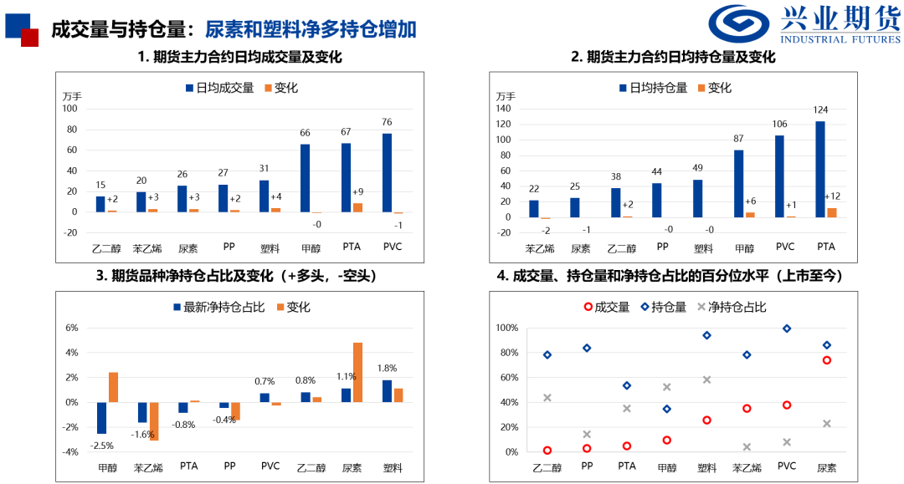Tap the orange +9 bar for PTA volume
click(x=357, y=207)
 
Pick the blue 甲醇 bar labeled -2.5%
click(x=102, y=418)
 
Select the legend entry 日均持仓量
click(x=653, y=88)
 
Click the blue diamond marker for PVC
click(x=787, y=329)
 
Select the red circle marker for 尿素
click(x=826, y=360)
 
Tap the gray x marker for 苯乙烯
click(x=747, y=447)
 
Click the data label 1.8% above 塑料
click(x=387, y=368)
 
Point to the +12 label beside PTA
click(x=832, y=196)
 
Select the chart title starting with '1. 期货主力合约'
click(x=239, y=57)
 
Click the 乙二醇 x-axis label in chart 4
click(x=546, y=467)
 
